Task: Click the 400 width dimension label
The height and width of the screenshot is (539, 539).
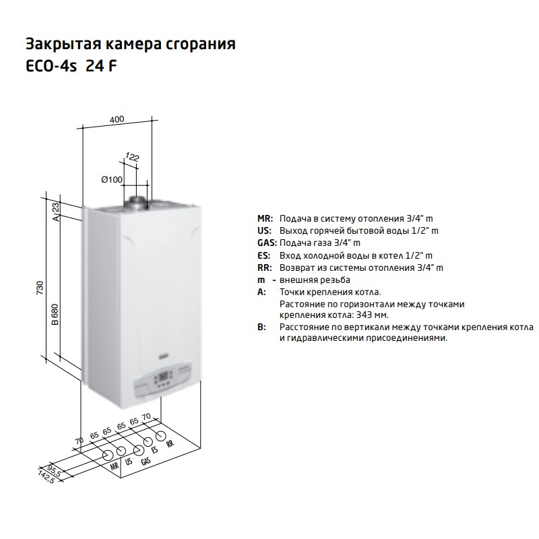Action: point(117,120)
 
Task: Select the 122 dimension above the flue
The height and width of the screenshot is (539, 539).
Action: point(132,157)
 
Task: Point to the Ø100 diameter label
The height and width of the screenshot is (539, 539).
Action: point(112,179)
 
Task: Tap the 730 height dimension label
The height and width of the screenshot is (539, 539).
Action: point(40,288)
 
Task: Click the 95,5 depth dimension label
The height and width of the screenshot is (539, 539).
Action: point(55,470)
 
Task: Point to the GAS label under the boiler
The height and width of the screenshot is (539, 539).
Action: point(146,460)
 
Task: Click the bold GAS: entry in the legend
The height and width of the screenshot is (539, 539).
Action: point(267,243)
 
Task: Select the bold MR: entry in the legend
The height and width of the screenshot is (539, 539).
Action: point(265,218)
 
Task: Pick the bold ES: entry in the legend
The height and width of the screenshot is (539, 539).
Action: point(264,256)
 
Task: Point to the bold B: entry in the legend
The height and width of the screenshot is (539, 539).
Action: point(261,327)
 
